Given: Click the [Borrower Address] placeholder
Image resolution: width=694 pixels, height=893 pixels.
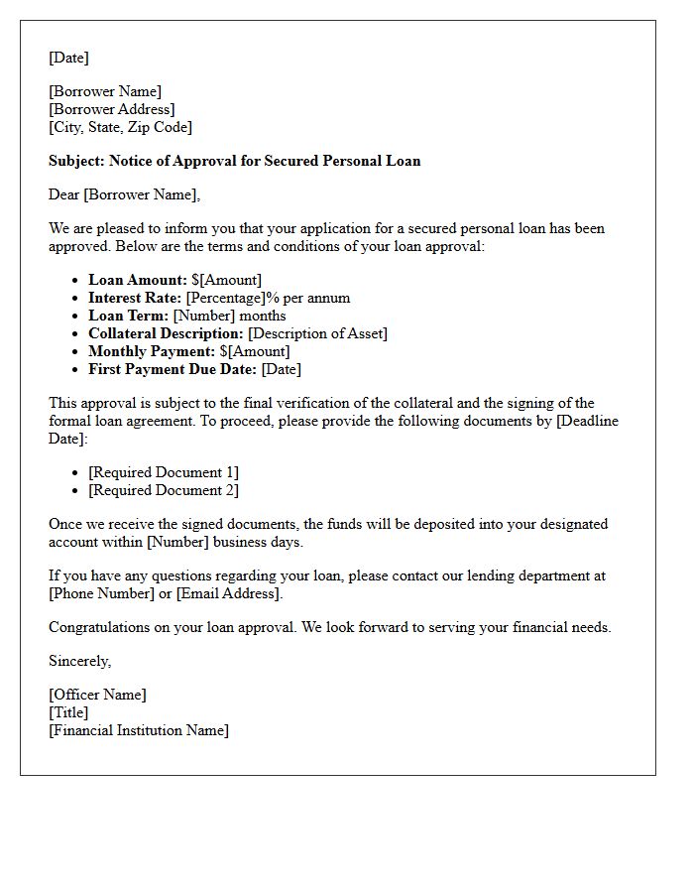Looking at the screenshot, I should pyautogui.click(x=111, y=109).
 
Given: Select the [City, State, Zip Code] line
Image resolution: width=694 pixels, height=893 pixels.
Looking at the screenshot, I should pyautogui.click(x=120, y=127).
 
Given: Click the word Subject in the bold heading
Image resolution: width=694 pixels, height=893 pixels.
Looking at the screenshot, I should pyautogui.click(x=76, y=161).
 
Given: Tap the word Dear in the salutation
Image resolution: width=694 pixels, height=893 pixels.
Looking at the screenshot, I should pyautogui.click(x=63, y=194).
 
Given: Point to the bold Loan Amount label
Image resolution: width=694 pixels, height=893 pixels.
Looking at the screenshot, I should pyautogui.click(x=137, y=280).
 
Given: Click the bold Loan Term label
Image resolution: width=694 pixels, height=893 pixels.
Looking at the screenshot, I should pyautogui.click(x=128, y=316).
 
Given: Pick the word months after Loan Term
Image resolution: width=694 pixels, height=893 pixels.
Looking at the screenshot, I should pyautogui.click(x=263, y=316).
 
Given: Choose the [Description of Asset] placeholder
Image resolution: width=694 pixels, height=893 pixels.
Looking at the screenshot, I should pyautogui.click(x=317, y=333).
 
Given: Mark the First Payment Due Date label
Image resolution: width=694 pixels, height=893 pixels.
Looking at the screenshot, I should pyautogui.click(x=173, y=369).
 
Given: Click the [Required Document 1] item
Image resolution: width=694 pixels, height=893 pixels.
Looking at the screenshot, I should pyautogui.click(x=163, y=472).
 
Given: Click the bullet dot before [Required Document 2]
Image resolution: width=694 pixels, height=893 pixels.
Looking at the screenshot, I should pyautogui.click(x=75, y=490).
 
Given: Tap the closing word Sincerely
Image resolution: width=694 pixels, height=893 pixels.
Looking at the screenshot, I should pyautogui.click(x=79, y=661).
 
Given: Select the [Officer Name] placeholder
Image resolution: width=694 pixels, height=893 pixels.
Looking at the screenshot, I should pyautogui.click(x=97, y=695).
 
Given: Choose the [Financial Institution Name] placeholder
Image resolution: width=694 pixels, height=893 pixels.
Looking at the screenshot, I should pyautogui.click(x=138, y=730).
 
